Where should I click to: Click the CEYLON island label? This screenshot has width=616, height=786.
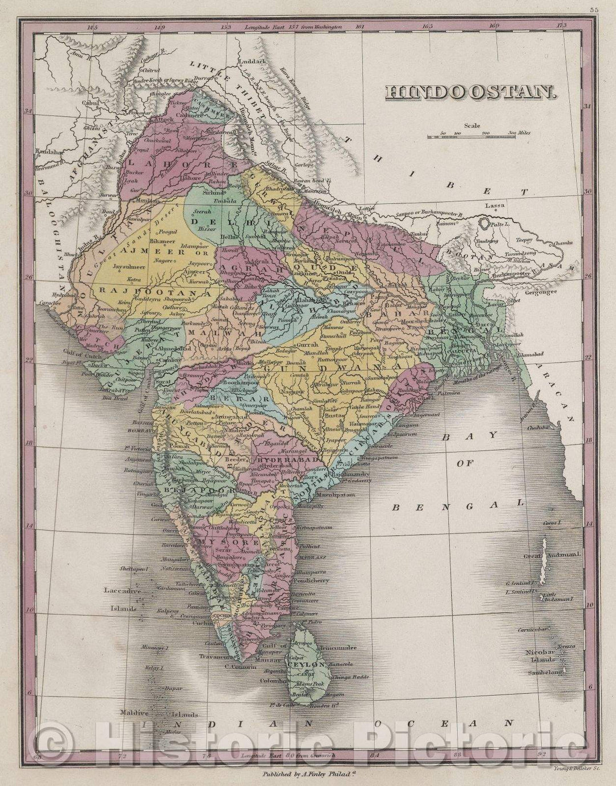coord(306,665)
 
